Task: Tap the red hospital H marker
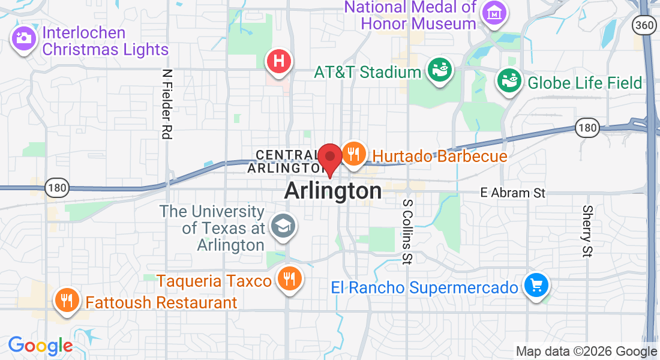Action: tap(279, 61)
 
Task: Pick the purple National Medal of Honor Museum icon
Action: tap(494, 11)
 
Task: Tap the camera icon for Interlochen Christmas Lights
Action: tap(24, 38)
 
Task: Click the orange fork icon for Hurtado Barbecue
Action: tap(354, 154)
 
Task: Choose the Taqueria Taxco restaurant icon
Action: tap(289, 278)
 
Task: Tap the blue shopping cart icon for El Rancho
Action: tap(536, 285)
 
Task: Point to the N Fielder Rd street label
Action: tap(167, 104)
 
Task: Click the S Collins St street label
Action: tap(408, 232)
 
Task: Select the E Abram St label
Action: tap(513, 193)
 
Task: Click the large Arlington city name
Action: tap(333, 191)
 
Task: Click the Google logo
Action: tap(40, 346)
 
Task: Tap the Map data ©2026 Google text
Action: tap(586, 352)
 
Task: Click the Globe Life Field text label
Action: tap(585, 82)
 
